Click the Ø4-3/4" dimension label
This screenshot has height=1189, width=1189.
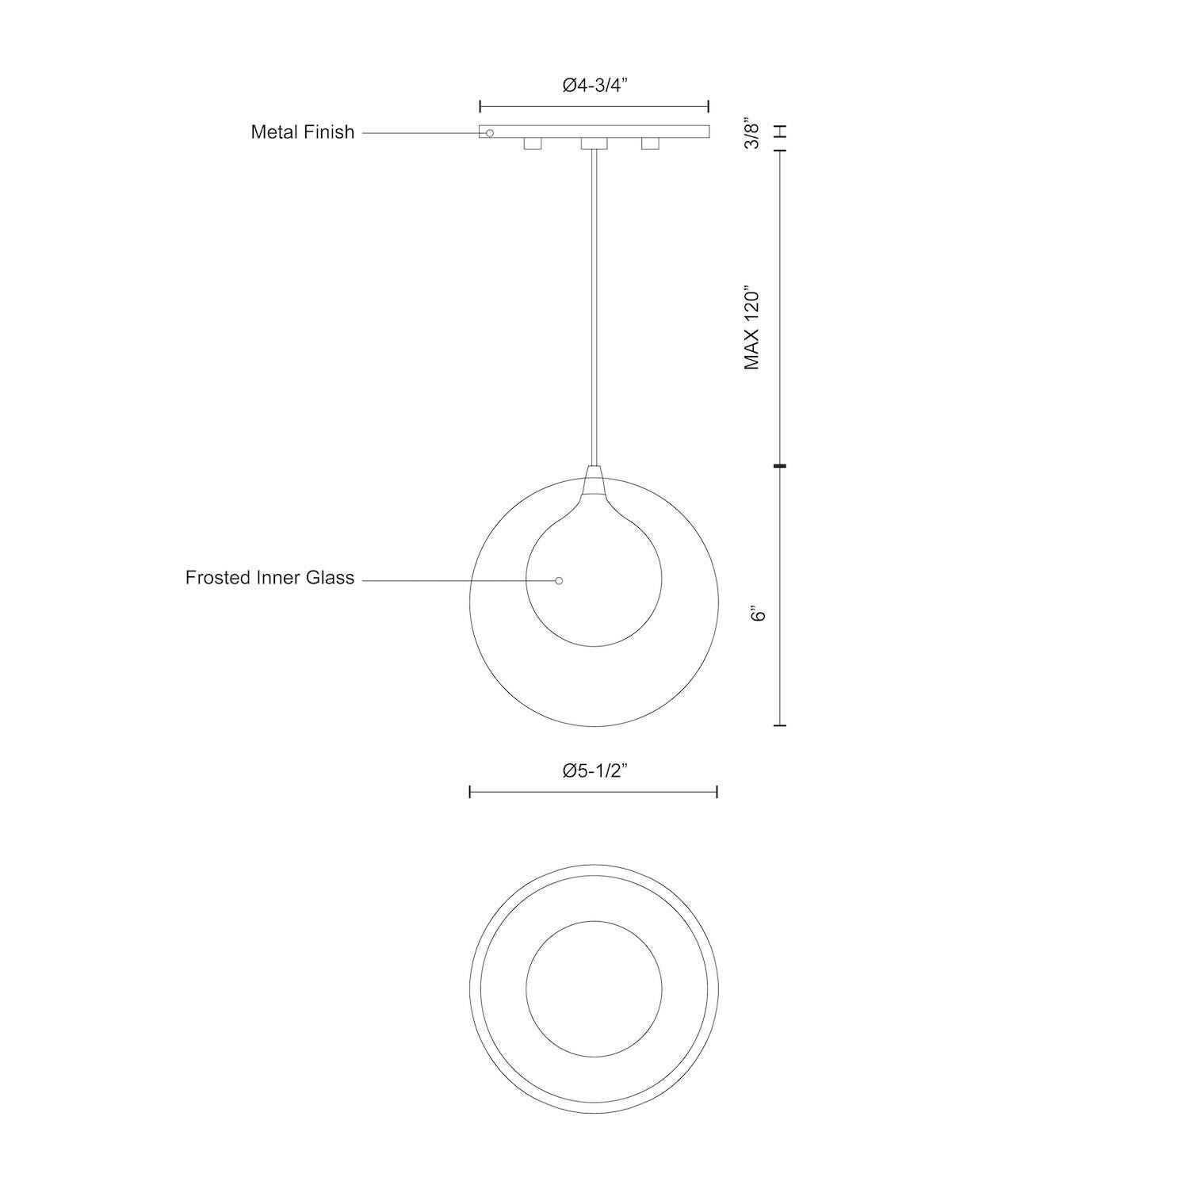point(594,86)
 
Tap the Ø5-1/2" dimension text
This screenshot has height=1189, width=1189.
point(594,770)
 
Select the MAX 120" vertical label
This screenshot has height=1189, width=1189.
point(751,327)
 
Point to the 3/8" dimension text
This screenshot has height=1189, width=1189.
point(752,134)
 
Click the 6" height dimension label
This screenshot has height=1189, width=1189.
point(759,614)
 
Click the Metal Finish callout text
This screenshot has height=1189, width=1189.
point(302,132)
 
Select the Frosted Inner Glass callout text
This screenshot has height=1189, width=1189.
point(270,578)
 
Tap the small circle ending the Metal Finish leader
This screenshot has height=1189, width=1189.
point(490,133)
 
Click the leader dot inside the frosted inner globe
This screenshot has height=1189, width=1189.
point(559,581)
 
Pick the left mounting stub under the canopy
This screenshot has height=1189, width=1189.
point(532,144)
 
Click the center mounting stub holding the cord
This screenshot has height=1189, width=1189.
point(594,144)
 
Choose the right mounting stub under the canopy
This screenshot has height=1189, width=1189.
point(650,144)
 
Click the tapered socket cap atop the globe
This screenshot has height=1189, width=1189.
point(594,480)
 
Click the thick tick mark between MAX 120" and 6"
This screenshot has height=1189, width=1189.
point(781,466)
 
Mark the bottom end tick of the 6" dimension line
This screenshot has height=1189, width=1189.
point(781,724)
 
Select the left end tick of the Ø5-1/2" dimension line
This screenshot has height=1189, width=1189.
point(470,791)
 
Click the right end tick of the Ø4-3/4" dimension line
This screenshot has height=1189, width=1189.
point(708,106)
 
